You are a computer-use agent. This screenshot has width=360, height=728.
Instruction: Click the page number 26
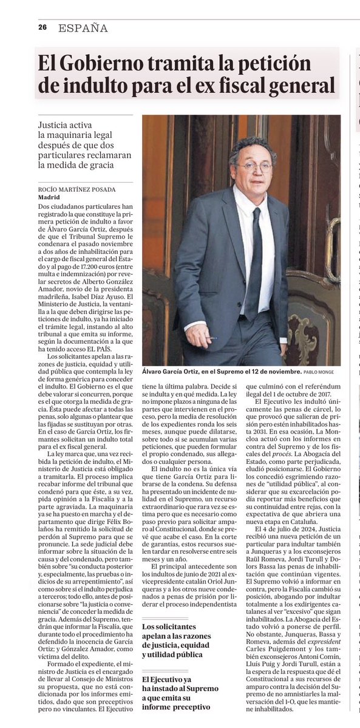42,27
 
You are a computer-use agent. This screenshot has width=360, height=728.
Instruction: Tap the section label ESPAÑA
83,28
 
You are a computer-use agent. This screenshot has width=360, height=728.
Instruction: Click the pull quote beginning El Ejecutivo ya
176,692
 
